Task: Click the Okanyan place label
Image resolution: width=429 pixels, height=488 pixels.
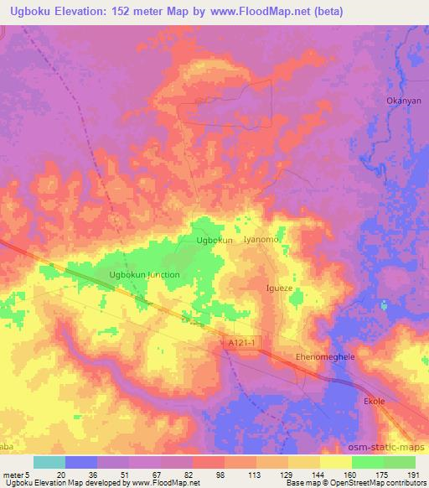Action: pos(402,100)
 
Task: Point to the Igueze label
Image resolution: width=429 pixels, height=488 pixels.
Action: pos(279,288)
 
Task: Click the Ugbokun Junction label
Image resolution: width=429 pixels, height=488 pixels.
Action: pos(144,275)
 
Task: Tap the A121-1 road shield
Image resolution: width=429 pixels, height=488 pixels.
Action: pos(240,343)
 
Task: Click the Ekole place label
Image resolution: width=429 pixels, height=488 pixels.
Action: pos(374,402)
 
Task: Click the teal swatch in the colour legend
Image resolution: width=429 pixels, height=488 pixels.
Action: pos(49,462)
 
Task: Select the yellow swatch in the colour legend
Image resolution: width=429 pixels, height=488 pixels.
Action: pos(336,462)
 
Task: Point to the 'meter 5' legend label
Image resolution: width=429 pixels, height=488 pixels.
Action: pos(17,473)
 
